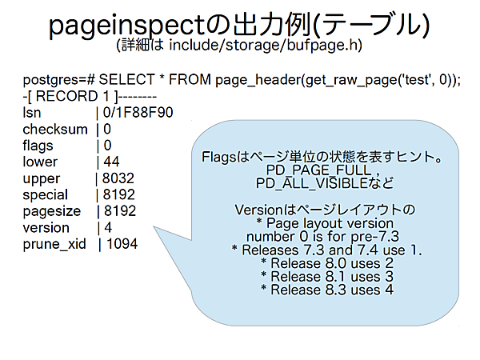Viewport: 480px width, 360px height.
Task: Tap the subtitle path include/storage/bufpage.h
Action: click(x=264, y=45)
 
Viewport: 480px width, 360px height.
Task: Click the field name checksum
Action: click(x=55, y=129)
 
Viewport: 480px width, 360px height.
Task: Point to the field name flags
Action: click(x=39, y=145)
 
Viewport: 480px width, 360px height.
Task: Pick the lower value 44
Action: click(x=110, y=162)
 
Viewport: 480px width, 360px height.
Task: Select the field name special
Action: click(x=46, y=194)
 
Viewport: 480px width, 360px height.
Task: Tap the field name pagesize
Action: click(x=51, y=211)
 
